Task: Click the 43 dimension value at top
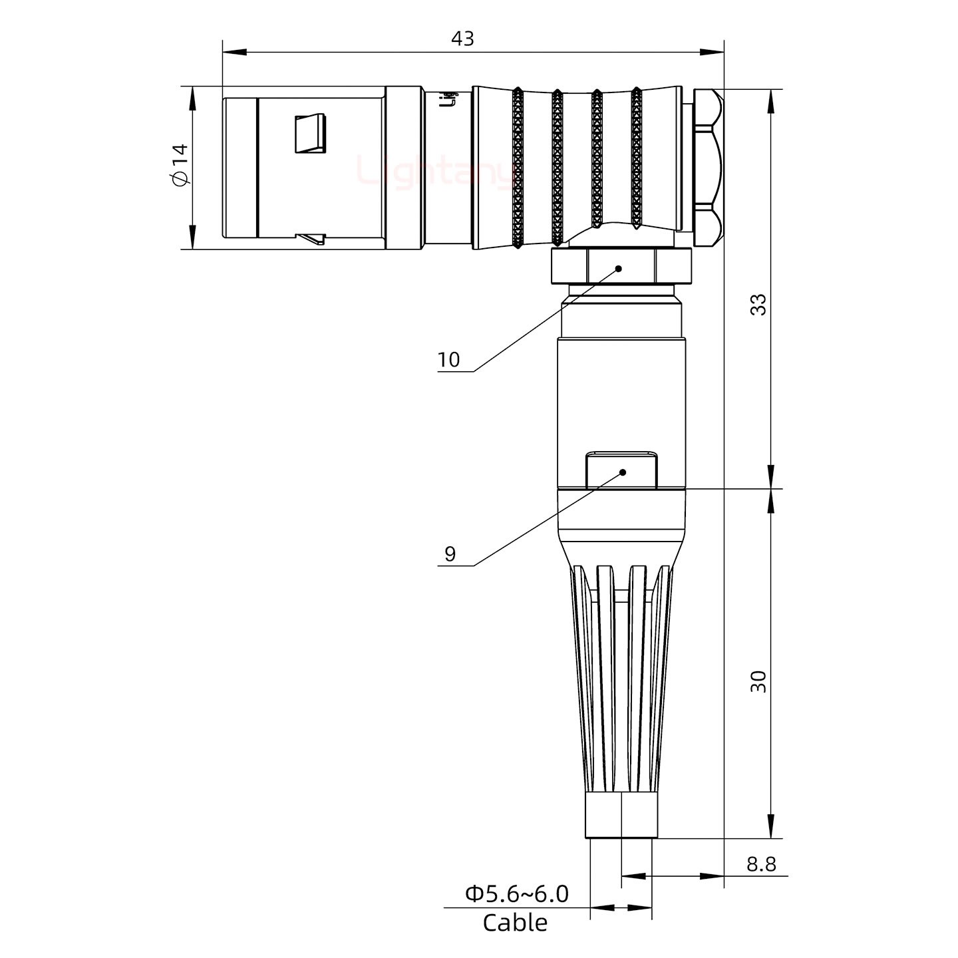click(462, 39)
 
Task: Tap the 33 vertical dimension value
click(758, 305)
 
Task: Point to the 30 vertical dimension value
click(758, 682)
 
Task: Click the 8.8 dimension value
click(760, 864)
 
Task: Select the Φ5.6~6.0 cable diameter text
click(516, 894)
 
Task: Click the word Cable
click(515, 923)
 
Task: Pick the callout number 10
click(448, 360)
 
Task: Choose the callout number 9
click(450, 554)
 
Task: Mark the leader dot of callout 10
click(618, 269)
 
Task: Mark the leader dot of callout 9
click(623, 472)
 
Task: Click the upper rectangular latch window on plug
click(311, 133)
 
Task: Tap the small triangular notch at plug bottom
click(311, 238)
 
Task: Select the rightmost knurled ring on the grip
click(636, 160)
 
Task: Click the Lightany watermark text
click(436, 172)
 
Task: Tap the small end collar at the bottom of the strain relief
click(621, 815)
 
